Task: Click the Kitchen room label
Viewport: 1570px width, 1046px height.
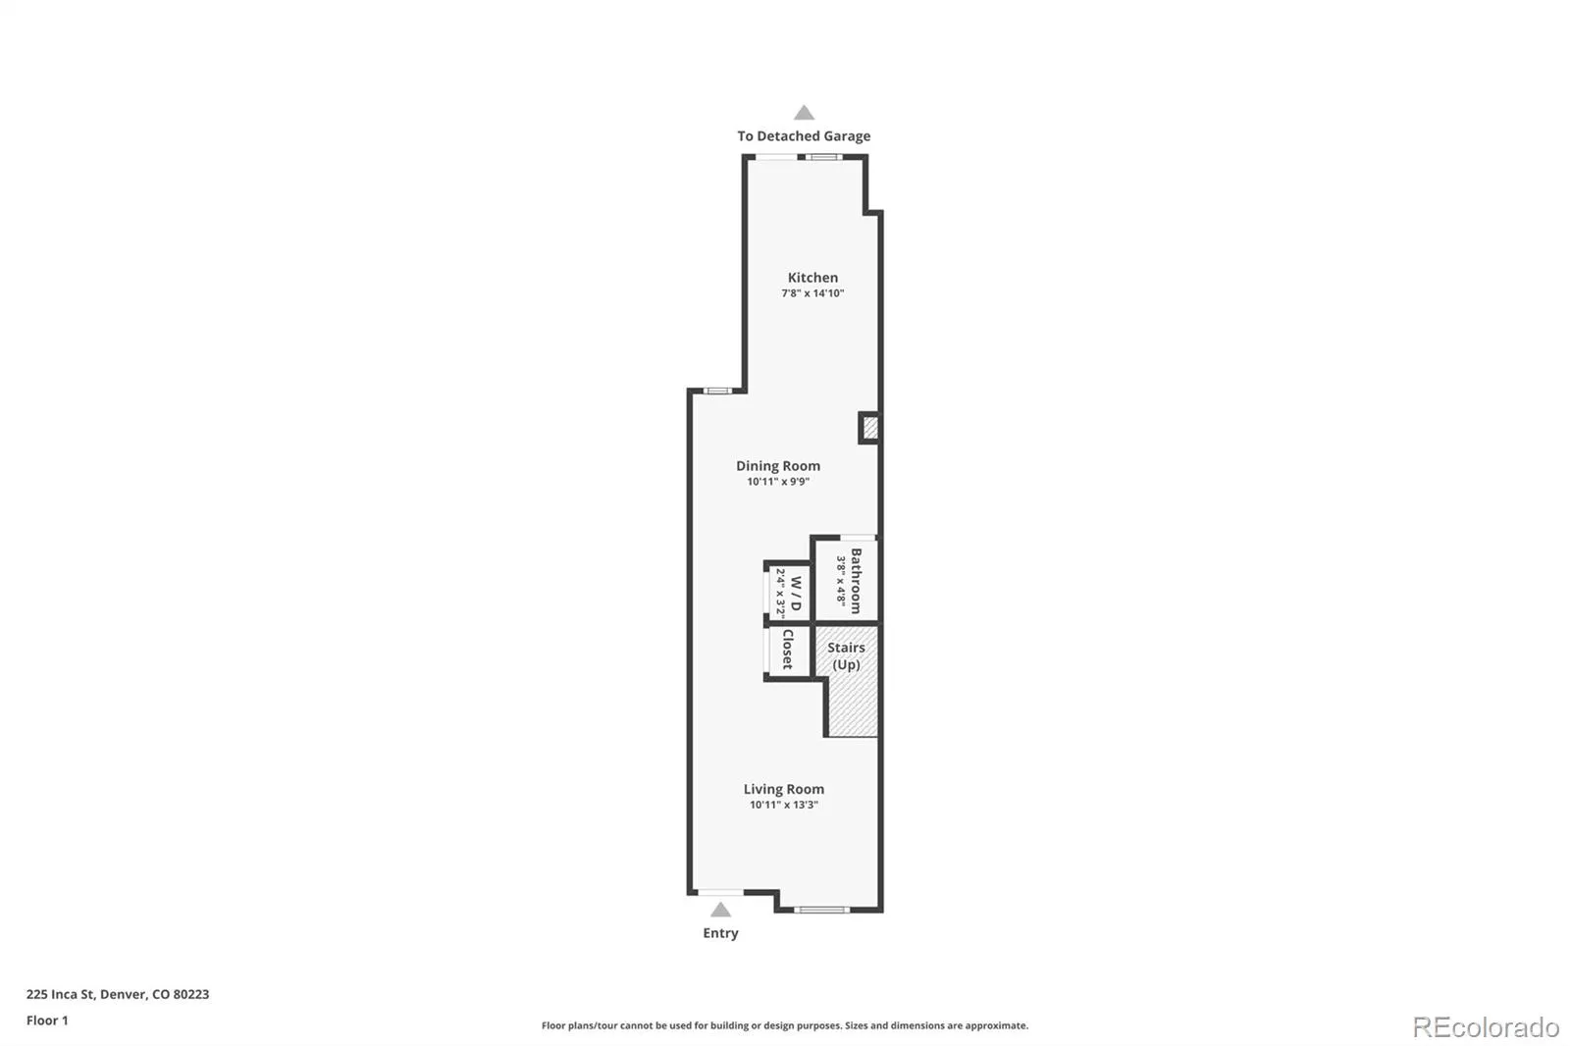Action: [812, 278]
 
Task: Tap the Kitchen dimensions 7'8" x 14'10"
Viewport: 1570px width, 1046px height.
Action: [812, 293]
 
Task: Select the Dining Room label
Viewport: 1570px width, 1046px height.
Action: [778, 465]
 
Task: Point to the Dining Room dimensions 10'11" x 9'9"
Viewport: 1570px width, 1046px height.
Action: [778, 482]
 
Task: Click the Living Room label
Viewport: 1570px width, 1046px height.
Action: [784, 789]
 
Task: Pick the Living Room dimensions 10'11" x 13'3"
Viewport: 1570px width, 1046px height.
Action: [784, 805]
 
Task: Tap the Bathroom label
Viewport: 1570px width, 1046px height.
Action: [856, 581]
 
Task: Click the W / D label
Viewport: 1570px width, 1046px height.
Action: [796, 593]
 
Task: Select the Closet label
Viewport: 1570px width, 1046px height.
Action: [788, 650]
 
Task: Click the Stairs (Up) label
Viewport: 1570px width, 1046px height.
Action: [846, 656]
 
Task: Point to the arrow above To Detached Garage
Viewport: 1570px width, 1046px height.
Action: [804, 112]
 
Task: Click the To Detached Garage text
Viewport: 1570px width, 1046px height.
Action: [804, 136]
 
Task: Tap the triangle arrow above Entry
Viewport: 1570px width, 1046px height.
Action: [720, 910]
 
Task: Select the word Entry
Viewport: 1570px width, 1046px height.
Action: [720, 933]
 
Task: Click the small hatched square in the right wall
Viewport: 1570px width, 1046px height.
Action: [869, 428]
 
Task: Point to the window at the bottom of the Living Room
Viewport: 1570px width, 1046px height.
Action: [821, 910]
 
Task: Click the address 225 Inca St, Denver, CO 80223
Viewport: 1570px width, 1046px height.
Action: [118, 994]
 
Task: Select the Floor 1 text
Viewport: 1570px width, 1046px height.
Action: [48, 1020]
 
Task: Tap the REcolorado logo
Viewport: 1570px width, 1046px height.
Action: [1486, 1027]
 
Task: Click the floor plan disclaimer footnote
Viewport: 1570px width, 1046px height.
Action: [785, 1025]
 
